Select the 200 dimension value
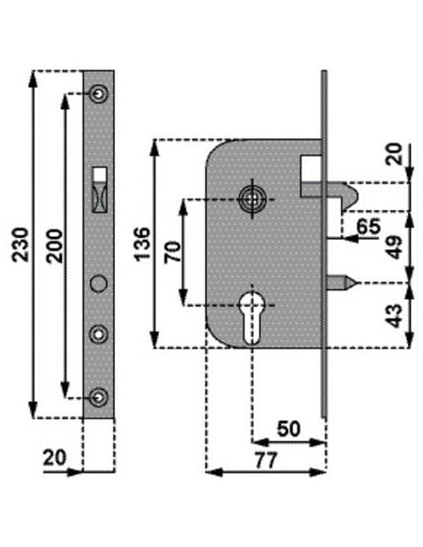pyautogui.click(x=55, y=245)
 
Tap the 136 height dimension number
pyautogui.click(x=142, y=244)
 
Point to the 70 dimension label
pyautogui.click(x=173, y=252)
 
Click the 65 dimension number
pyautogui.click(x=369, y=226)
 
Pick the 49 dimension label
pyautogui.click(x=395, y=247)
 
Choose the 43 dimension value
pyautogui.click(x=395, y=316)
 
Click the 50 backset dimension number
pyautogui.click(x=288, y=429)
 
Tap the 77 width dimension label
pyautogui.click(x=266, y=461)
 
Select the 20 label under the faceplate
pyautogui.click(x=54, y=457)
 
